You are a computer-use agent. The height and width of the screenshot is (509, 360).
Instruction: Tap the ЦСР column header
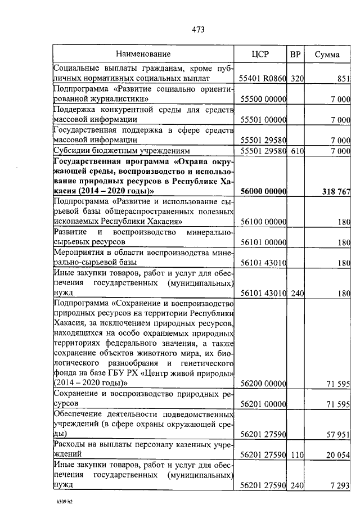tap(261, 55)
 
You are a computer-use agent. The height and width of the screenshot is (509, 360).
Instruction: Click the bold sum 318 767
tap(336, 192)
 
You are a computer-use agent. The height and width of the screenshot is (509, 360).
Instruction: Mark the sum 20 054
tap(338, 454)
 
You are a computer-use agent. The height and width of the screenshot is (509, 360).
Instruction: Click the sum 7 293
tap(340, 485)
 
